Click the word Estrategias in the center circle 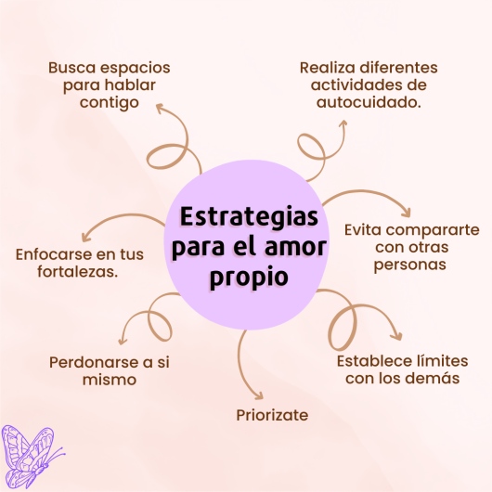point(249,216)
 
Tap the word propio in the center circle point(249,278)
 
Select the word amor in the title point(295,247)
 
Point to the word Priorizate point(272,415)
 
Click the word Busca point(71,68)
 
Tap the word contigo point(110,104)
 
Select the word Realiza point(328,68)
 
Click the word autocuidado point(369,102)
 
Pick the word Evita point(363,229)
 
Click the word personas point(409,265)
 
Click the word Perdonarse point(94,362)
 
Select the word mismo point(110,380)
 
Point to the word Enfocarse point(54,254)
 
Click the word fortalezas point(77,272)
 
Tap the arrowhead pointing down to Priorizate point(258,396)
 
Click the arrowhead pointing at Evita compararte point(407,213)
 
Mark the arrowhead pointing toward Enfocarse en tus point(85,237)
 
